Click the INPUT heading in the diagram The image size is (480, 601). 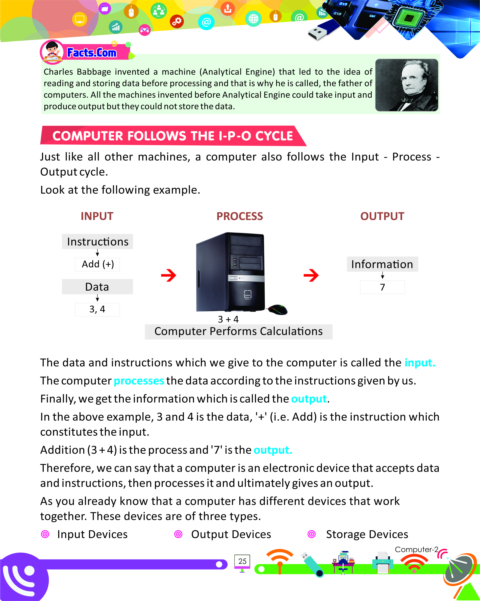point(97,216)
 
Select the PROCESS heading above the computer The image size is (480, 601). point(240,216)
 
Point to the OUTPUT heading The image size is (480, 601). point(382,216)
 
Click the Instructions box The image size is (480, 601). point(97,242)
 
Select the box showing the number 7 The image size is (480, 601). point(382,287)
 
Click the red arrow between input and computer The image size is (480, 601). point(169,275)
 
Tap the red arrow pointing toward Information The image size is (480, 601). point(311,275)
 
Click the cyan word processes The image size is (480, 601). point(139,381)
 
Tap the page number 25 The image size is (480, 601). point(242,561)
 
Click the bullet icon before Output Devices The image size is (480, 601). point(178,534)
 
